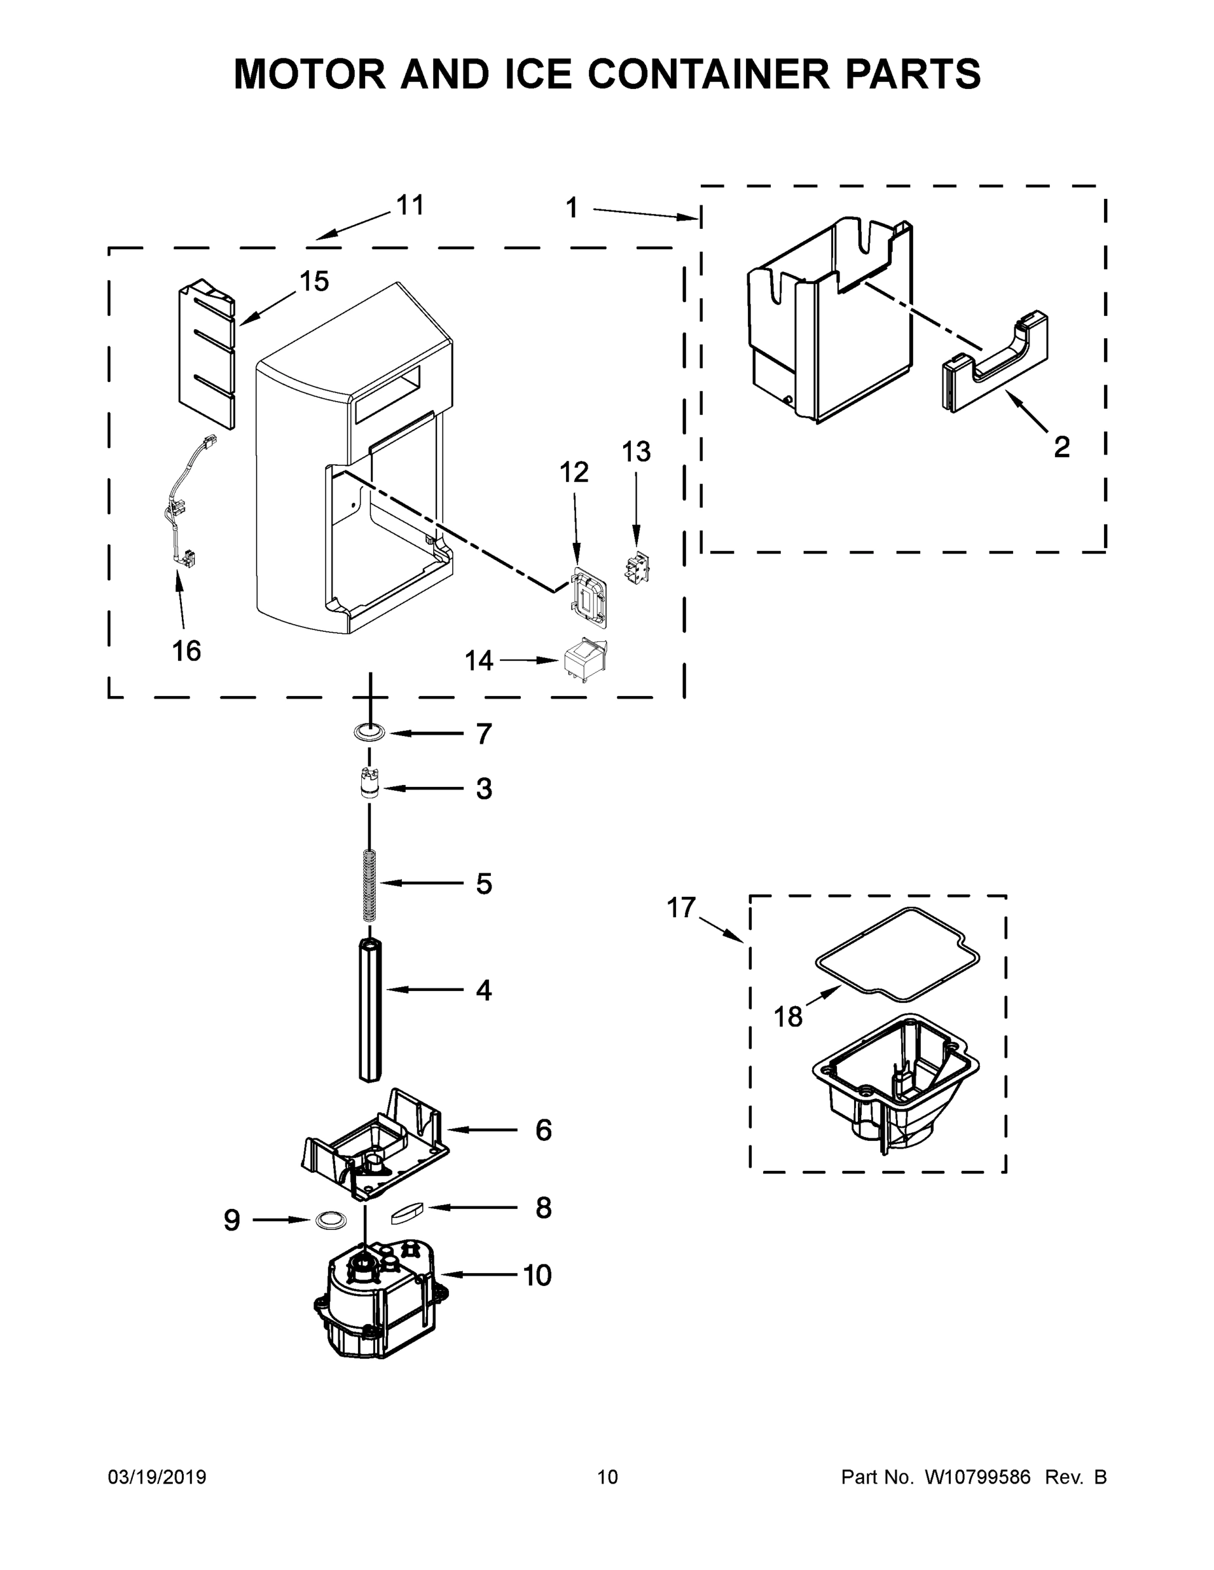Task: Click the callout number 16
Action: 187,652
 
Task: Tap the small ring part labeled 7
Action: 369,733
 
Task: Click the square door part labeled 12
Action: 589,596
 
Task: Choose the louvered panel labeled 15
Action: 207,354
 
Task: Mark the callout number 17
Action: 681,907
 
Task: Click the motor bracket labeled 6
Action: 374,1147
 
